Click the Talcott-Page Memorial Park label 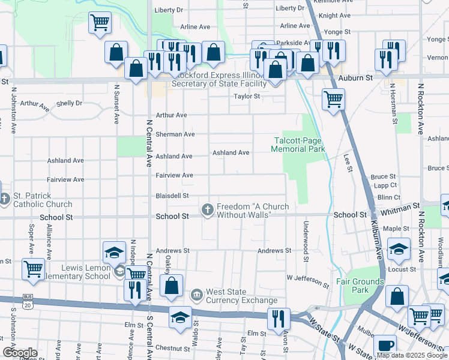(x=298, y=145)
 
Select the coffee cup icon (x=385, y=346)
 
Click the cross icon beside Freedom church (x=207, y=209)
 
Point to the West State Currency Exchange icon (x=196, y=295)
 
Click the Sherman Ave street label (x=175, y=134)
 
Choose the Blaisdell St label (x=172, y=196)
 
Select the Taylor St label (x=247, y=96)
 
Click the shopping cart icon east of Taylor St (x=333, y=98)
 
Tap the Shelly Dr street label (x=69, y=103)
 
